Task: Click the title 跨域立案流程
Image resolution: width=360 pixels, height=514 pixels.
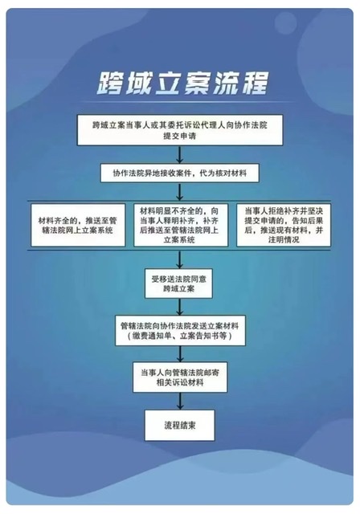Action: [182, 83]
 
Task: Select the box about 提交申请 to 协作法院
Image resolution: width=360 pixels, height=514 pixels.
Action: [180, 130]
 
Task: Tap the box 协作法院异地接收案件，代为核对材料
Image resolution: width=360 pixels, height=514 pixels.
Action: [180, 173]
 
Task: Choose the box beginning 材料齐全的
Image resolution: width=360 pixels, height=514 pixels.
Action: [78, 225]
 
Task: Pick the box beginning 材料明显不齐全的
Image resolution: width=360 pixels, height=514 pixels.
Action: [181, 225]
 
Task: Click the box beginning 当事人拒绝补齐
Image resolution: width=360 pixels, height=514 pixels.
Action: [284, 225]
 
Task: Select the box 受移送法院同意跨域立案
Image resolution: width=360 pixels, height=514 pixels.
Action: [178, 284]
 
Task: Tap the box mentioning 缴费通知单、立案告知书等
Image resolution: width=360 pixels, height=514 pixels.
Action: [180, 330]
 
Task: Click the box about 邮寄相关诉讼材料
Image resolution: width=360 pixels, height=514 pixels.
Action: [180, 377]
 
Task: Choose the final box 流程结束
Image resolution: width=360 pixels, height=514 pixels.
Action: [180, 425]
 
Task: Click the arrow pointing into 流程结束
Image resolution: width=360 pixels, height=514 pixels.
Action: [180, 401]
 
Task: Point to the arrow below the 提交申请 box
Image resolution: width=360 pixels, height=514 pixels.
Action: [179, 155]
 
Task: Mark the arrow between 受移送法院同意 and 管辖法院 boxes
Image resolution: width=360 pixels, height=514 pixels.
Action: [179, 307]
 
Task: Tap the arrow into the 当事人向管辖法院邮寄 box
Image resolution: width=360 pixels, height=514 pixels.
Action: [180, 353]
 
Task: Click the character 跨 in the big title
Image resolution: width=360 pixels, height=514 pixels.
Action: [111, 84]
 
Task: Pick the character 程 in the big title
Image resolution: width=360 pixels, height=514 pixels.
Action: [255, 83]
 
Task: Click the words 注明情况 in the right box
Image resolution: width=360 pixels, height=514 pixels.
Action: [284, 239]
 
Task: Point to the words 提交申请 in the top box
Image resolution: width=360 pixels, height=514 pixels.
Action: [180, 136]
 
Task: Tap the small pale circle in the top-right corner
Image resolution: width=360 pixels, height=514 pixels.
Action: [285, 22]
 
